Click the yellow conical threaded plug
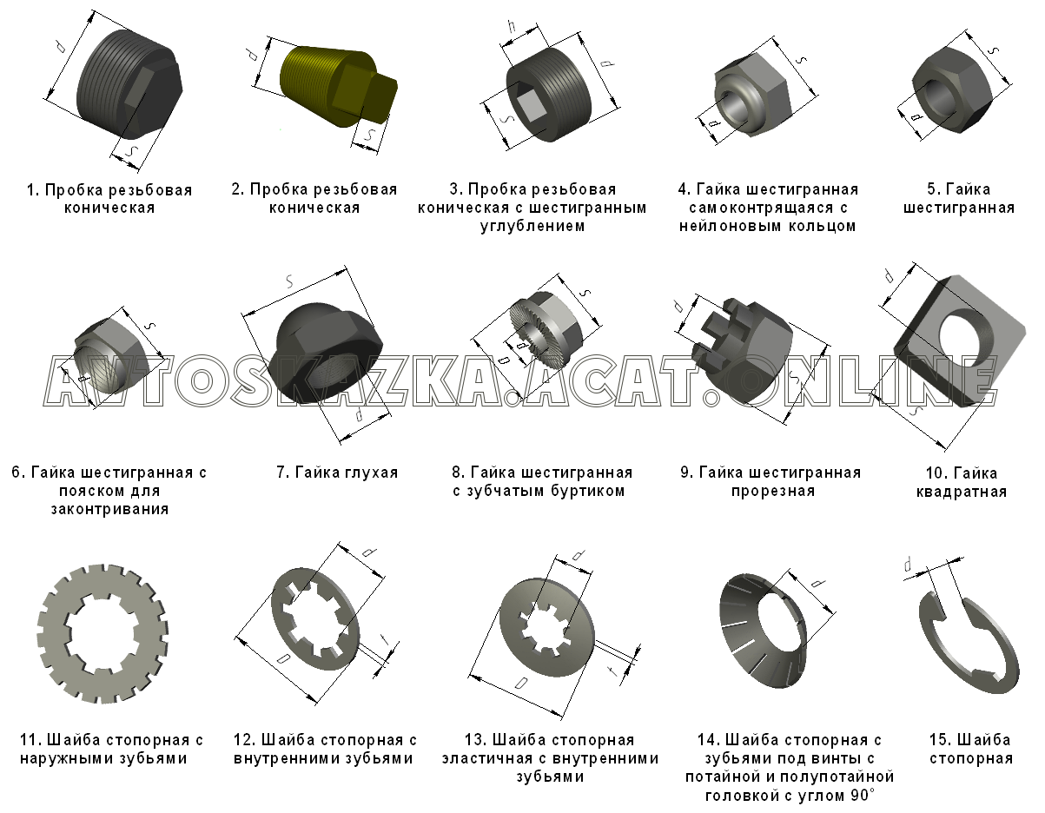[x=337, y=87]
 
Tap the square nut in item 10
[x=959, y=341]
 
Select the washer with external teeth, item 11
[x=103, y=633]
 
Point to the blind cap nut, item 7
[x=325, y=354]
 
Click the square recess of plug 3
[x=528, y=106]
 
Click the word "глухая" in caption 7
[x=370, y=473]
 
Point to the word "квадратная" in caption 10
[x=961, y=492]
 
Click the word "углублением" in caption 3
[x=532, y=226]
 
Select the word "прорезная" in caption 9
[x=773, y=492]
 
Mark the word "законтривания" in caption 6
[x=109, y=510]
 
